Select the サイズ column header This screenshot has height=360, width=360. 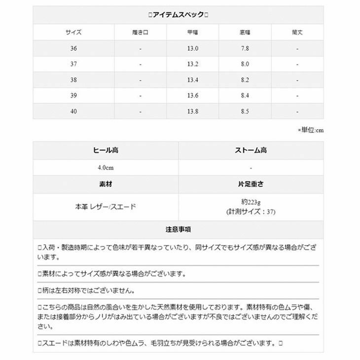(x=73, y=33)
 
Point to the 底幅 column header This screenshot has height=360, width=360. (x=245, y=33)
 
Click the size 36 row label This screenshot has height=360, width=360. (x=73, y=48)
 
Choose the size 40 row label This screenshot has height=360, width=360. (x=73, y=111)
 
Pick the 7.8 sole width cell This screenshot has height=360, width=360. (x=245, y=48)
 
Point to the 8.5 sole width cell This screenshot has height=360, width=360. (x=245, y=111)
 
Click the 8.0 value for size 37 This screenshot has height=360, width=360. (x=245, y=64)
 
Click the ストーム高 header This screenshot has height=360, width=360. (x=251, y=150)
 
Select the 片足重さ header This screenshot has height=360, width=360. (x=251, y=184)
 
